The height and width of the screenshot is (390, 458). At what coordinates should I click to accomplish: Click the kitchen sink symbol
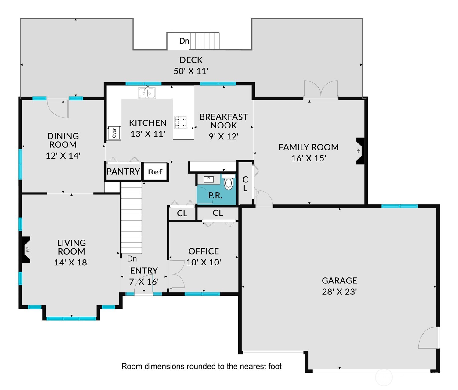coord(147,93)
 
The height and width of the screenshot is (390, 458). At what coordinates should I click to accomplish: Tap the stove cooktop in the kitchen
coord(180,122)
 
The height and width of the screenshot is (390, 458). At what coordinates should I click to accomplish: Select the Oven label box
coord(114,133)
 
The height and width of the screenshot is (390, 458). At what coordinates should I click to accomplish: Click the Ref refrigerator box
coord(155,172)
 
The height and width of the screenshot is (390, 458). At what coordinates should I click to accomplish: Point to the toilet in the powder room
coord(228,183)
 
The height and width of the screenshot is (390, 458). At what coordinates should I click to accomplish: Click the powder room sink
coord(208,179)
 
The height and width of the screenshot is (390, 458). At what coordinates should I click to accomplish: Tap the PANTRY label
coord(123,172)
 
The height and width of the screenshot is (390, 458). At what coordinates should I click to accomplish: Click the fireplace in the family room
coord(360,151)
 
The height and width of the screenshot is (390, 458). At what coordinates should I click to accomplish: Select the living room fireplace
coord(26,249)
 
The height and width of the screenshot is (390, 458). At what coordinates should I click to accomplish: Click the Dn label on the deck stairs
coord(184,41)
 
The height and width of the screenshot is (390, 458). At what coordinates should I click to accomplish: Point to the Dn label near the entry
coord(132,259)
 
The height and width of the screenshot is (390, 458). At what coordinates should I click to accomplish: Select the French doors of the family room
coord(321,89)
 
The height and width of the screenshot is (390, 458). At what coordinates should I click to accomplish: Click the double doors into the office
coord(177,274)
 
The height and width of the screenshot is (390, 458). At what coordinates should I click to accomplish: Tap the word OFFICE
coord(204,251)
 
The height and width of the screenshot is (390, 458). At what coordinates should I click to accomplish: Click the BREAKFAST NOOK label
coord(223,121)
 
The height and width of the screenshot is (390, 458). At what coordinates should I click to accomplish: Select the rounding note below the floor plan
coord(201,366)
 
